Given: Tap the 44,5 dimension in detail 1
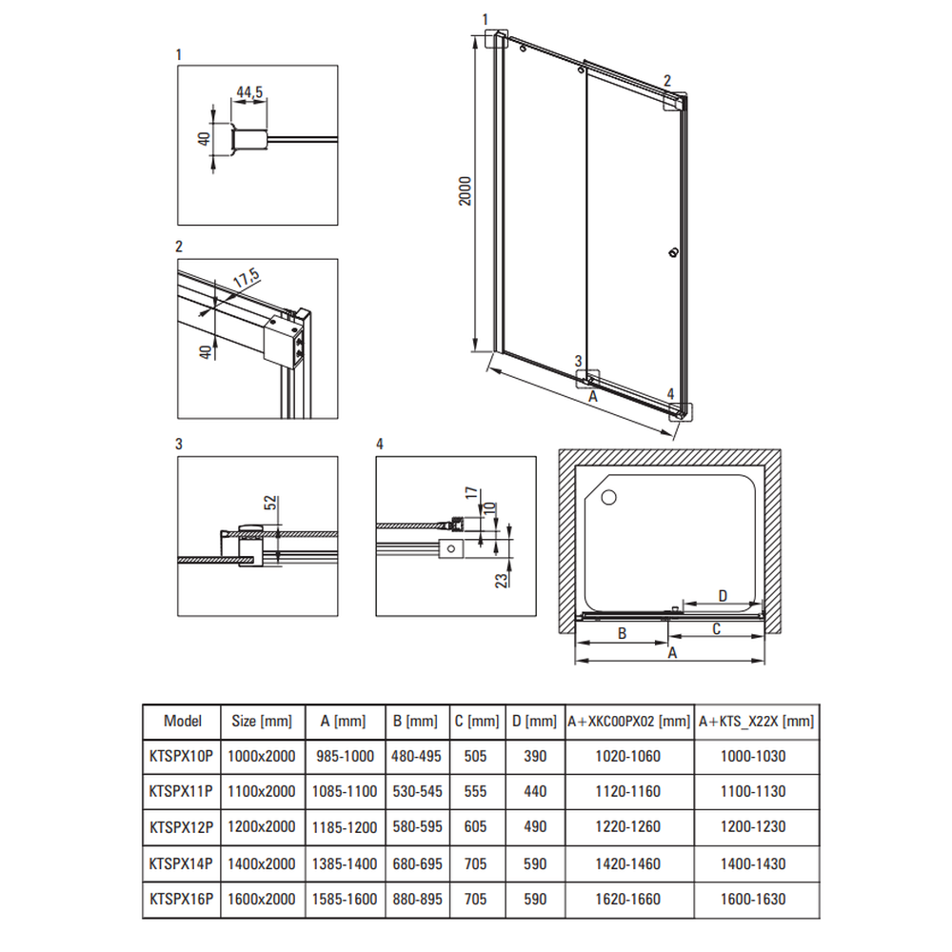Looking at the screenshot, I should pos(249,92).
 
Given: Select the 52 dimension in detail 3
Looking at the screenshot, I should pos(269,504).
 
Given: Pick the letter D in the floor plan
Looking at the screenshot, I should pos(723,596).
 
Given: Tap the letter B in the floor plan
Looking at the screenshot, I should pos(621,633).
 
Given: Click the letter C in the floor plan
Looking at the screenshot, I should pos(716,628).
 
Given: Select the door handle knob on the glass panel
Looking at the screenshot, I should pos(673,252).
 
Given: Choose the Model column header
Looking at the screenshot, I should pos(183,721).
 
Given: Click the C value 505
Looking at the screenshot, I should pos(477,756).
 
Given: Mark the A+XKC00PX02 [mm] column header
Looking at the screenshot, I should pos(628,721).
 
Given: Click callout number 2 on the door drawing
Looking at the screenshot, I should pos(667,80).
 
